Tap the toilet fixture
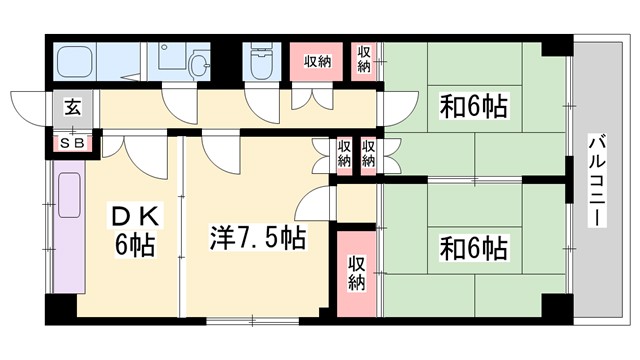click(263, 63)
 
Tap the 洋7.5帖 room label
click(257, 238)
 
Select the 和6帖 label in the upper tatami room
click(473, 107)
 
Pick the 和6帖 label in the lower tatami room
click(473, 245)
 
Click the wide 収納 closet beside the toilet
click(318, 62)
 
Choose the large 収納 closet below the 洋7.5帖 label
click(357, 271)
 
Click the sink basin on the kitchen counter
click(71, 195)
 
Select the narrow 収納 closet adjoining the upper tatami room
click(364, 60)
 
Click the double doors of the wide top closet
click(317, 100)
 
